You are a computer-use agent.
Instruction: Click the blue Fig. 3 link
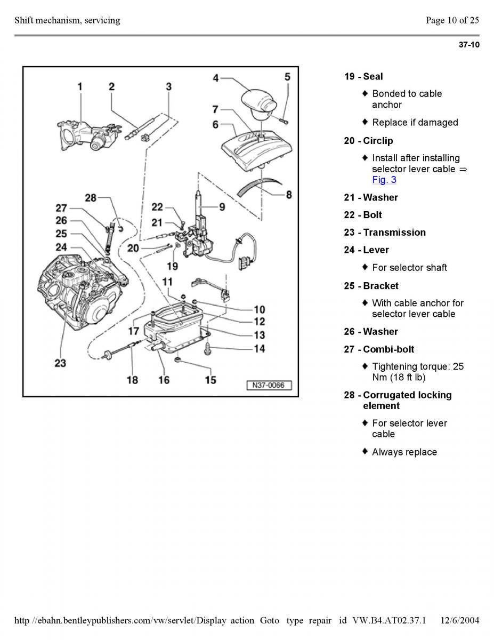click(384, 180)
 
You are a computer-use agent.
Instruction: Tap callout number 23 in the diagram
click(60, 363)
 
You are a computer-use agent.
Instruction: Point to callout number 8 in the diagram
click(288, 195)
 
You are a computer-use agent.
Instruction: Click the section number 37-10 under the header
click(469, 45)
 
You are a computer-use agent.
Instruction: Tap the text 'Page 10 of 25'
click(452, 20)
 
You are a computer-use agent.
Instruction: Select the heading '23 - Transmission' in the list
click(385, 233)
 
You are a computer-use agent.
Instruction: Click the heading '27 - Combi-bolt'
click(379, 349)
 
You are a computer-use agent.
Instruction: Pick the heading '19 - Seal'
click(363, 77)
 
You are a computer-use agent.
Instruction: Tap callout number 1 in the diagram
click(80, 86)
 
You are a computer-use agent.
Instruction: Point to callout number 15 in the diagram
click(210, 380)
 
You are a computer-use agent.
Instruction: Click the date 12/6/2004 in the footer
click(460, 620)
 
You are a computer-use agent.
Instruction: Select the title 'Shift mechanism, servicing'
click(67, 20)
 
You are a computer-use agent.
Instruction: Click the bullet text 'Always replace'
click(404, 452)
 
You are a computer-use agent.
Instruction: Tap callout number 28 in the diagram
click(91, 198)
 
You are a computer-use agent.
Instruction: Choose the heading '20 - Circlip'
click(368, 141)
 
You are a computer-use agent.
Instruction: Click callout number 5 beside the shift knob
click(287, 77)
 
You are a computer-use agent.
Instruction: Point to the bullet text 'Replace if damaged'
click(415, 123)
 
